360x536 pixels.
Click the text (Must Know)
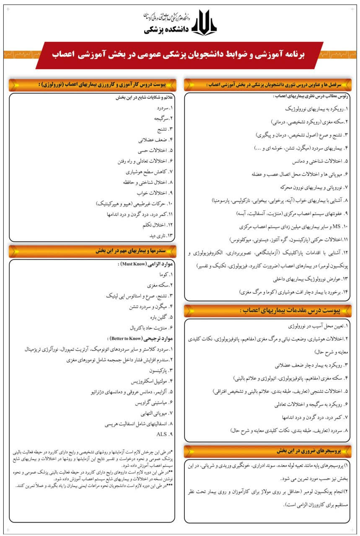[x=134, y=265]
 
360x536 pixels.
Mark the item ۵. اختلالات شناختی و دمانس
[x=314, y=161]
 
